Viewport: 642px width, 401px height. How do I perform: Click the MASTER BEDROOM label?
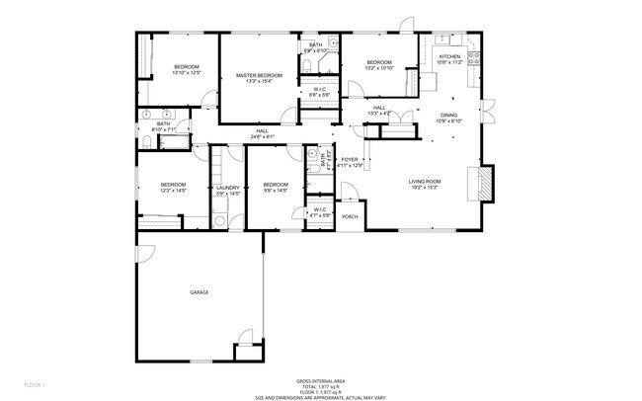coord(259,75)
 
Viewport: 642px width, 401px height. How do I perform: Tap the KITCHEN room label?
coord(450,57)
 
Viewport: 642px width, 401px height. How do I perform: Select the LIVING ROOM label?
coord(425,182)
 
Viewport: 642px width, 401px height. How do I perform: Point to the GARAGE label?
coord(200,293)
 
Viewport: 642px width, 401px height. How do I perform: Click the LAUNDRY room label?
coord(228,187)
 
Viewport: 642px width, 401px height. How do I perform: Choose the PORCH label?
coord(350,216)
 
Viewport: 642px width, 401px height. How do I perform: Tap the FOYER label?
coord(350,159)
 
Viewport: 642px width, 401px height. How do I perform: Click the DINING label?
coord(448,116)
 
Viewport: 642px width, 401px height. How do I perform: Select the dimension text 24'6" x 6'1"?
coord(262,137)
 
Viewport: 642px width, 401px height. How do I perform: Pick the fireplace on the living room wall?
coord(485,183)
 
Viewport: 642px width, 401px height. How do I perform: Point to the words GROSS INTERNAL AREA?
coord(320,380)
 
